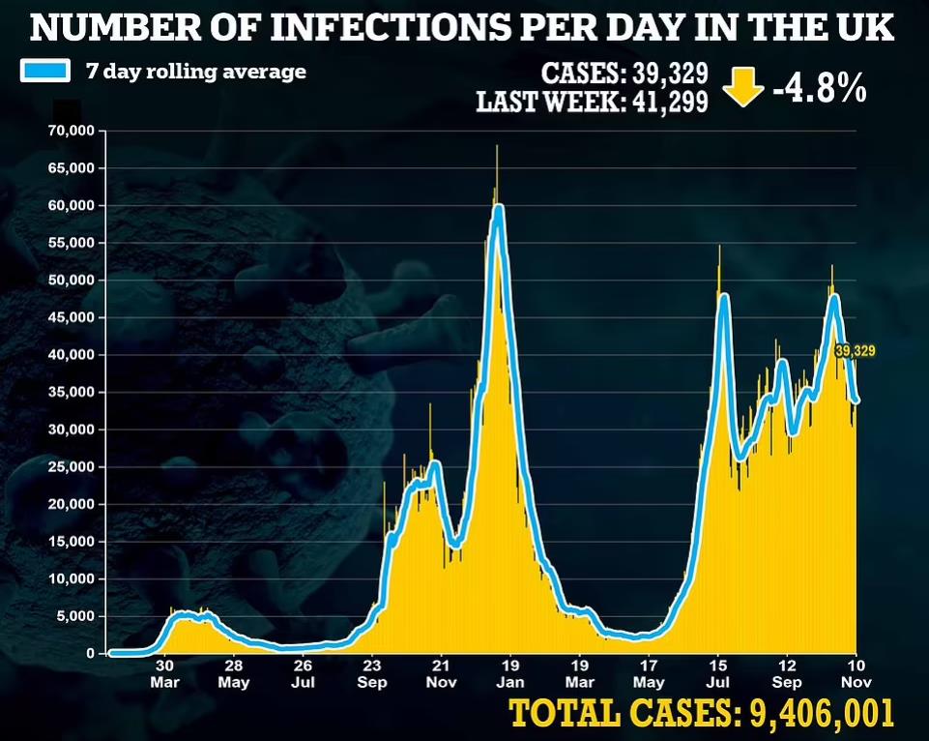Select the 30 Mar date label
[x=165, y=673]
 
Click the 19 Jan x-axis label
[x=510, y=673]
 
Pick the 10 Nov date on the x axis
[x=856, y=673]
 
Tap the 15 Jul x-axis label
[x=718, y=673]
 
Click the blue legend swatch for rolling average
[x=44, y=73]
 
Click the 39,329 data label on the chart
[x=855, y=351]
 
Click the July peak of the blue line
[x=723, y=296]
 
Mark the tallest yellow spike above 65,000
[x=497, y=148]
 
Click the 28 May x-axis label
[x=234, y=673]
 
